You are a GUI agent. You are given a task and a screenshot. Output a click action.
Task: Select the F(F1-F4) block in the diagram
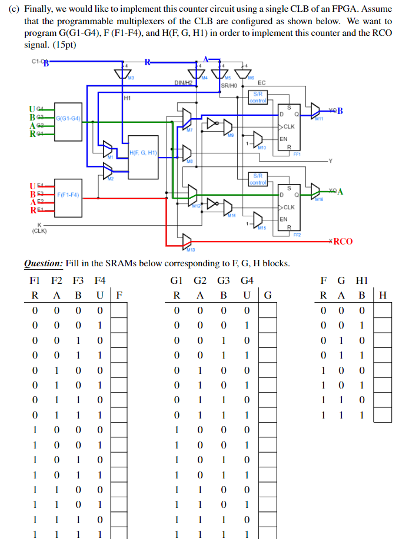(68, 195)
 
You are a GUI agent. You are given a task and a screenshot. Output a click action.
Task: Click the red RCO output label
(343, 242)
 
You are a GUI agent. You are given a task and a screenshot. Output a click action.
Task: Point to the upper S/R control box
(258, 97)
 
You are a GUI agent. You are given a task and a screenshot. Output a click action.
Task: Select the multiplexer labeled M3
(124, 72)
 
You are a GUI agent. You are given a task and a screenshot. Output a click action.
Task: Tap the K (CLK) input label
(40, 227)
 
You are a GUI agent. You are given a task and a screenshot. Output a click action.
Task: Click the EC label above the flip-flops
(261, 83)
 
